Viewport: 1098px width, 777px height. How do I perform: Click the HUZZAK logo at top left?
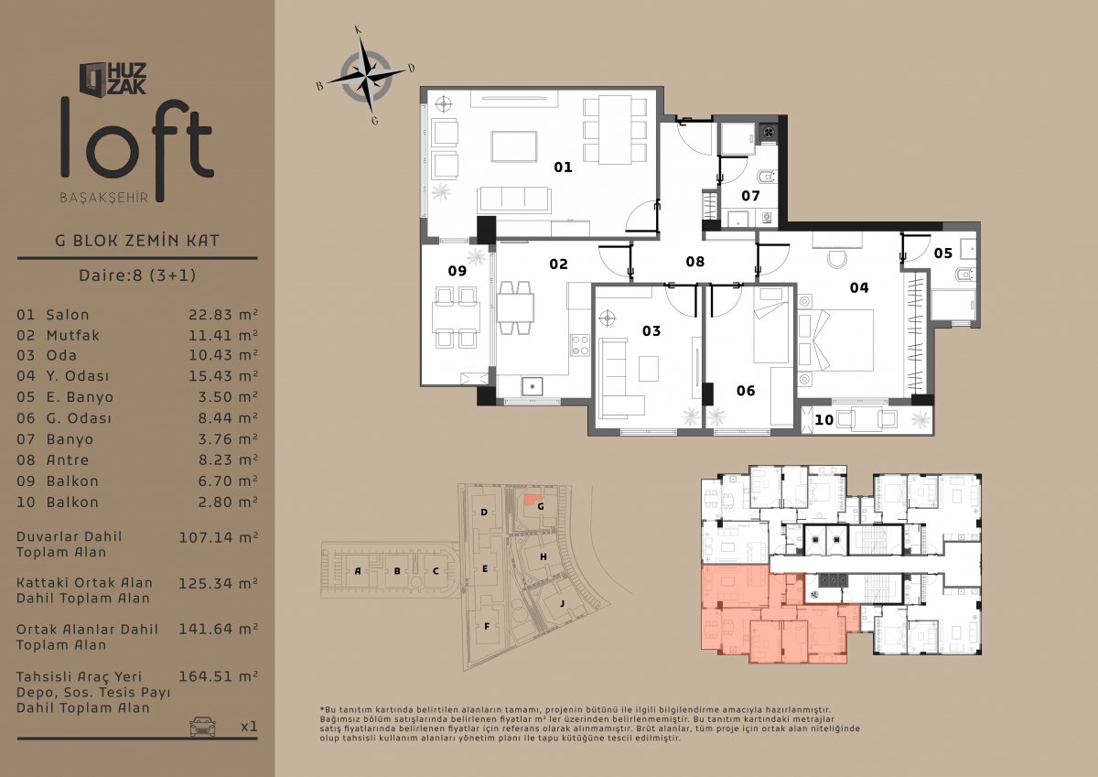[113, 79]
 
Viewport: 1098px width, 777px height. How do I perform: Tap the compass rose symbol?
[366, 77]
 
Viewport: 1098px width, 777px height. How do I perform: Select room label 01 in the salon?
[563, 167]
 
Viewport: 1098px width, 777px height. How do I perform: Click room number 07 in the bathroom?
[750, 196]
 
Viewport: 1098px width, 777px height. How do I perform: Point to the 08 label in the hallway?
[695, 262]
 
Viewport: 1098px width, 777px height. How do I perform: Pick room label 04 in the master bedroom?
[859, 287]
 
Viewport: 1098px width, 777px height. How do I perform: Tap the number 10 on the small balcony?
[824, 420]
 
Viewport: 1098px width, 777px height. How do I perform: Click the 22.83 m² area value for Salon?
[223, 315]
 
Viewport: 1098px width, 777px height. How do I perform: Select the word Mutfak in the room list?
[72, 335]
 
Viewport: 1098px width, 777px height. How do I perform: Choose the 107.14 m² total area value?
[218, 537]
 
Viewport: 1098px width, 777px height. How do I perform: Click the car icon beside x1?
[202, 726]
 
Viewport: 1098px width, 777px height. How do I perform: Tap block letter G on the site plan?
[541, 506]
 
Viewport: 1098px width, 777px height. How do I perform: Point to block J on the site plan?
[562, 603]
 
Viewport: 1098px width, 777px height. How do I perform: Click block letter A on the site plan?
[358, 571]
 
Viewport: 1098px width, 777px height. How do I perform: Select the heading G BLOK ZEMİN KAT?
[137, 241]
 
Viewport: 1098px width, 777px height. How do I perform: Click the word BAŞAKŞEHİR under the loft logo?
[104, 198]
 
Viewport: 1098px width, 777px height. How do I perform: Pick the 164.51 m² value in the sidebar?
[218, 676]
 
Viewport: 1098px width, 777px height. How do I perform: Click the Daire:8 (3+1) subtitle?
[137, 275]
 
